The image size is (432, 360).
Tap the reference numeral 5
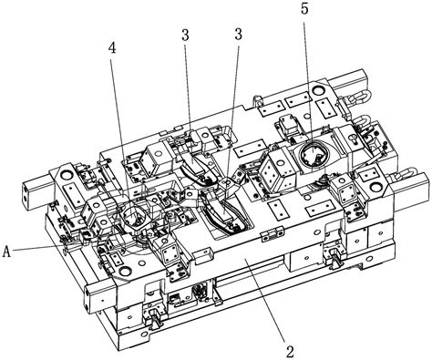click(304, 9)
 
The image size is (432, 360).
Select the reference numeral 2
click(291, 352)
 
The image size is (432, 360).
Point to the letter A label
click(6, 252)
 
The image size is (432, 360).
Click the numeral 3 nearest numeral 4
click(185, 36)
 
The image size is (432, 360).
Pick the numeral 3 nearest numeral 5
click(239, 35)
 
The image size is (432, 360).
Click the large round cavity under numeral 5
click(312, 154)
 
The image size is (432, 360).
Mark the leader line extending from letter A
click(39, 247)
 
